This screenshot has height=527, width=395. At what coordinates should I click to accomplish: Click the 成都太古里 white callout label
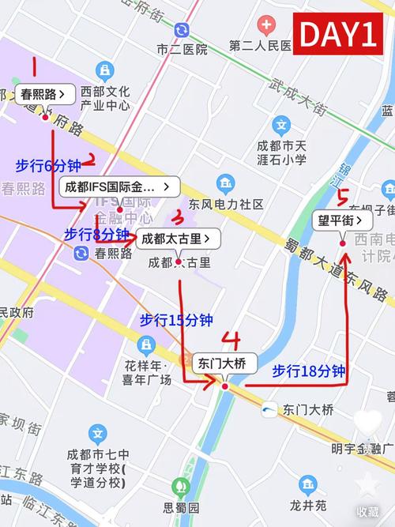178,238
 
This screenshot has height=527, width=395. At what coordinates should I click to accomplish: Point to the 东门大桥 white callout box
224,363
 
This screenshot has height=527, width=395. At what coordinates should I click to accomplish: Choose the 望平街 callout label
341,220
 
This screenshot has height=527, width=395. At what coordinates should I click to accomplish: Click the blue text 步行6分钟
48,165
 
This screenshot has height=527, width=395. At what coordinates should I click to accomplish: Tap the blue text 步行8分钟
96,234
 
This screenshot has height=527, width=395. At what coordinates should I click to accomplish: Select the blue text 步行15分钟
176,320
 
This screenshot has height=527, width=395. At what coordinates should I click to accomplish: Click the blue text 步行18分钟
309,370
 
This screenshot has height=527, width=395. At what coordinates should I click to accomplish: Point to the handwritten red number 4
231,340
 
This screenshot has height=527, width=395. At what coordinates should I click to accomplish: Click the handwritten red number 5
343,196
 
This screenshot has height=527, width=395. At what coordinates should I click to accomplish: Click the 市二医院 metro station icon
182,30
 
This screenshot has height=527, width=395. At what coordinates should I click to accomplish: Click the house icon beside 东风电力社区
227,185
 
